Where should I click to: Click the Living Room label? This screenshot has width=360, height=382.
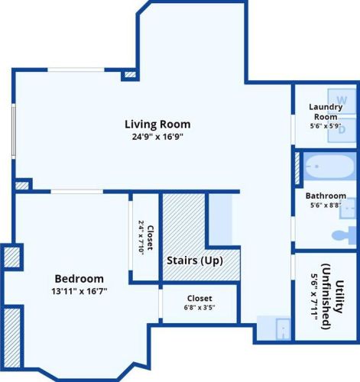(157, 125)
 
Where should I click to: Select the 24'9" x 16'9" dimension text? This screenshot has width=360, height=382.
(157, 137)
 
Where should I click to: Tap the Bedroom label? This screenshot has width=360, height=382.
(79, 279)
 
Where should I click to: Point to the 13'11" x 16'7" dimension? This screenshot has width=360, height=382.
(79, 291)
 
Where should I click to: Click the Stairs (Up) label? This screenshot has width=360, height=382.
(195, 261)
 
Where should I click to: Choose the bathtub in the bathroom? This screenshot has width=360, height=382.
(329, 167)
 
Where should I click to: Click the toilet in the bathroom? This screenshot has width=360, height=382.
(345, 235)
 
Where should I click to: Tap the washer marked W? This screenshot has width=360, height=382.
(342, 101)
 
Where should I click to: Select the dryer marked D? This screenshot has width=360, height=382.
(342, 130)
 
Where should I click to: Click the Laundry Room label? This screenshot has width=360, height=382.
(326, 112)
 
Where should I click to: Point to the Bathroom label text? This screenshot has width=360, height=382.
(326, 196)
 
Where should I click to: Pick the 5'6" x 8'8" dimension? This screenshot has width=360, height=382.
(326, 205)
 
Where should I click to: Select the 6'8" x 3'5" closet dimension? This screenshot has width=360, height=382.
(199, 307)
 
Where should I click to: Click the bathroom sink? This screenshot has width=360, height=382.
(348, 208)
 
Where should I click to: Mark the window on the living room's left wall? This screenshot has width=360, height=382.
(14, 131)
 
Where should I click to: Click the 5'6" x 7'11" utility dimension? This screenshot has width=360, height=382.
(314, 296)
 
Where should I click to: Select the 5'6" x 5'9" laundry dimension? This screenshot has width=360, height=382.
(326, 126)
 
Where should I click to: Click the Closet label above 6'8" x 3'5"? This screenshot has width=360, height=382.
(199, 298)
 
